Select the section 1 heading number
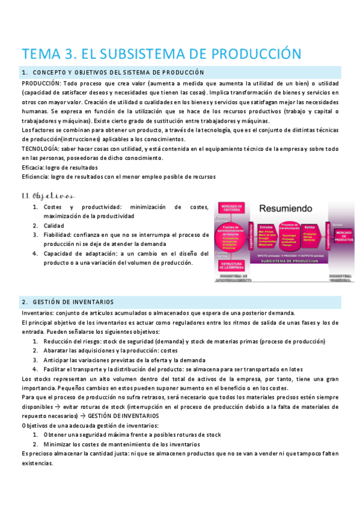pyautogui.click(x=23, y=72)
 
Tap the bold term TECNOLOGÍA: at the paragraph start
pyautogui.click(x=40, y=149)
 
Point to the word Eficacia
pyautogui.click(x=34, y=167)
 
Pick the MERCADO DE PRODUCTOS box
pyautogui.click(x=346, y=235)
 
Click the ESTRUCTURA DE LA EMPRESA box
pyautogui.click(x=231, y=265)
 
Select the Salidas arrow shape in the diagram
pyautogui.click(x=312, y=235)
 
